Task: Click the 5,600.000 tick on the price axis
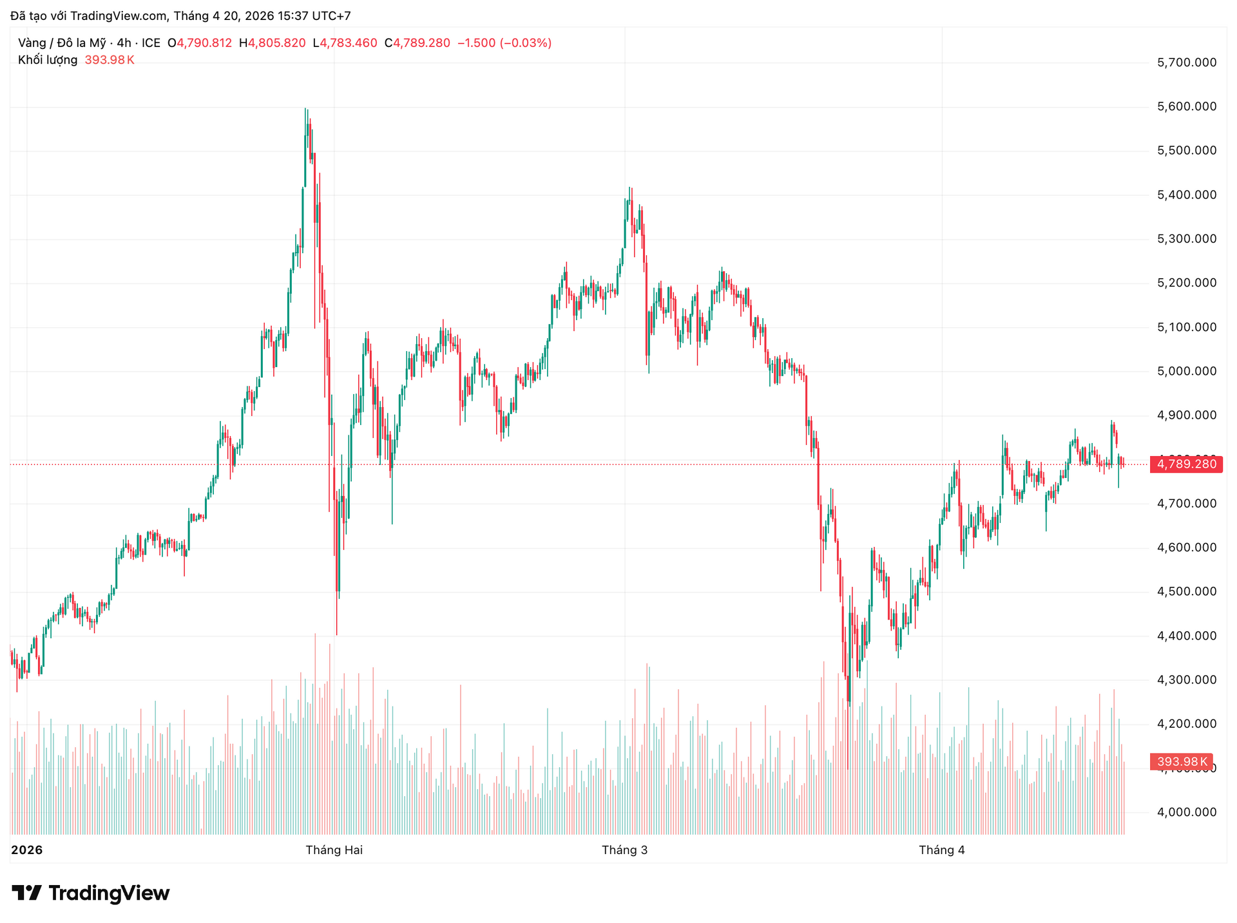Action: pyautogui.click(x=1187, y=107)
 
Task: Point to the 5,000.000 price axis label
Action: pyautogui.click(x=1187, y=372)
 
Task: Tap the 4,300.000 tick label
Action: pyautogui.click(x=1187, y=680)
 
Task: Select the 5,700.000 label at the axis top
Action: pyautogui.click(x=1187, y=63)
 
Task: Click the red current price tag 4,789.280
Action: pyautogui.click(x=1186, y=464)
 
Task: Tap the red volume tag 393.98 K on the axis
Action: pyautogui.click(x=1182, y=762)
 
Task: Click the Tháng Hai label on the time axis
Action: pyautogui.click(x=334, y=850)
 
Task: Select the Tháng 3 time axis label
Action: pyautogui.click(x=624, y=850)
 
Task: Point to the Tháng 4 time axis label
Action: pyautogui.click(x=941, y=850)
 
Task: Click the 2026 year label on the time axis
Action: pyautogui.click(x=27, y=850)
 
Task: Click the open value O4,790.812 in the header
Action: pyautogui.click(x=200, y=43)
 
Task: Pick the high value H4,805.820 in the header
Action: pyautogui.click(x=272, y=43)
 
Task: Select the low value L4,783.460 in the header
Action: pyautogui.click(x=345, y=43)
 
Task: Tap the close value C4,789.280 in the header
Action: pyautogui.click(x=417, y=43)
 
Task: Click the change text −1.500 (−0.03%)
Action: pyautogui.click(x=504, y=43)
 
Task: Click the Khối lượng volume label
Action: pyautogui.click(x=48, y=60)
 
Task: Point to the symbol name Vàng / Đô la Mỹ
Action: pyautogui.click(x=62, y=43)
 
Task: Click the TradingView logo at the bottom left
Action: pyautogui.click(x=91, y=893)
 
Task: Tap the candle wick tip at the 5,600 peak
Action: pyautogui.click(x=305, y=109)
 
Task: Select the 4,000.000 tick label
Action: pyautogui.click(x=1187, y=812)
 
